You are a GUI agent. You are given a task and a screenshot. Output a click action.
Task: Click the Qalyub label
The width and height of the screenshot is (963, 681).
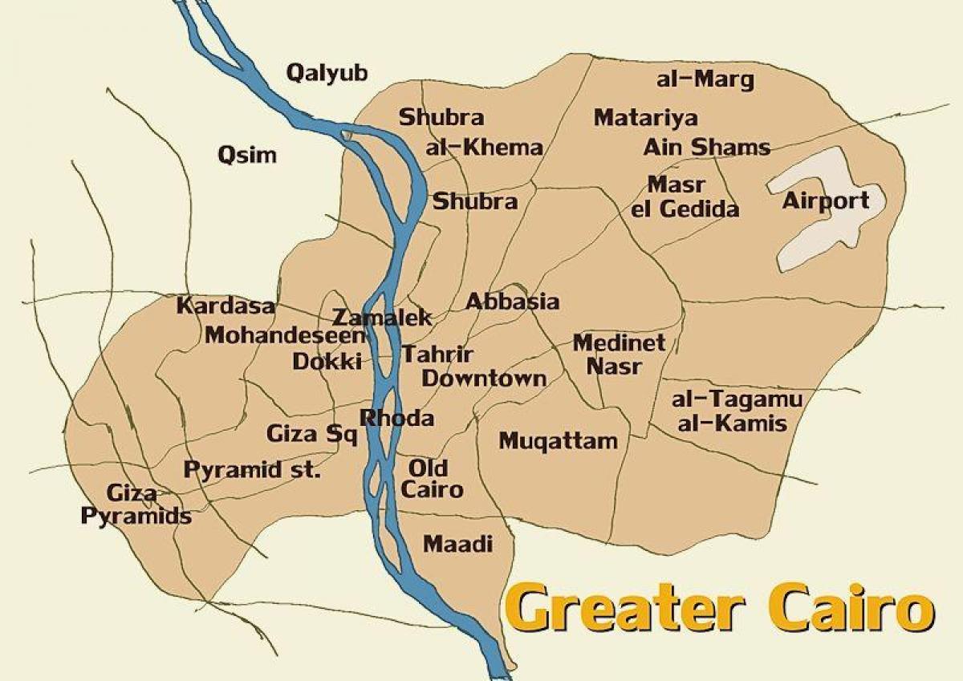click(327, 74)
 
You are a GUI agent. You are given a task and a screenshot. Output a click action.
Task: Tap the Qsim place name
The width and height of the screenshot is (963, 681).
click(247, 155)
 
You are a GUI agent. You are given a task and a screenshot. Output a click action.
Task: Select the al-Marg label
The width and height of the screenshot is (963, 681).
click(705, 79)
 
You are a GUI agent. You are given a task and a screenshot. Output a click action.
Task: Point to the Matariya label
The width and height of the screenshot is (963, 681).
click(645, 118)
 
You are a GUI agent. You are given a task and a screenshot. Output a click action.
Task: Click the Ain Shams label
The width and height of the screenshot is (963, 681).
click(706, 148)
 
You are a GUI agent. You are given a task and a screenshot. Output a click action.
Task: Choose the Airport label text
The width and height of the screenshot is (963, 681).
click(826, 201)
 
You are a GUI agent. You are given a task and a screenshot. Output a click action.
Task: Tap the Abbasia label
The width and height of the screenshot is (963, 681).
click(512, 302)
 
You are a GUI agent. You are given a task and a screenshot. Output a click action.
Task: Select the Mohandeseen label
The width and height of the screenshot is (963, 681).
click(285, 335)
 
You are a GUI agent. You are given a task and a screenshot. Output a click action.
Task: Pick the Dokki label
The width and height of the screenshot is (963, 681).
click(327, 361)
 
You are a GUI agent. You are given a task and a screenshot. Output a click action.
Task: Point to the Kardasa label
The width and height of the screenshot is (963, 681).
click(226, 306)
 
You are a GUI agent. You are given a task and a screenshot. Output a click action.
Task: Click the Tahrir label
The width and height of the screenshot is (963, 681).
click(437, 354)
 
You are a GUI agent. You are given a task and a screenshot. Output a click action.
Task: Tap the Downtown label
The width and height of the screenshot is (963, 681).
click(484, 379)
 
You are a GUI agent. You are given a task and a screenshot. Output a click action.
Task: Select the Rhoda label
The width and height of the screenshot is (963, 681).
click(397, 418)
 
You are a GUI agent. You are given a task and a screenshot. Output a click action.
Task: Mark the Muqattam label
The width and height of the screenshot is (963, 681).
click(559, 440)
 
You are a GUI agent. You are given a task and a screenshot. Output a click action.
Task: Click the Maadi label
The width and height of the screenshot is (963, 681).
click(457, 544)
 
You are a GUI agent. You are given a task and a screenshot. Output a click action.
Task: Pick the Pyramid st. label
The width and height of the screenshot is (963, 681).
click(253, 470)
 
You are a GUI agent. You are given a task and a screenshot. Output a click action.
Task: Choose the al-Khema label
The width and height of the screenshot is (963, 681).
click(485, 148)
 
